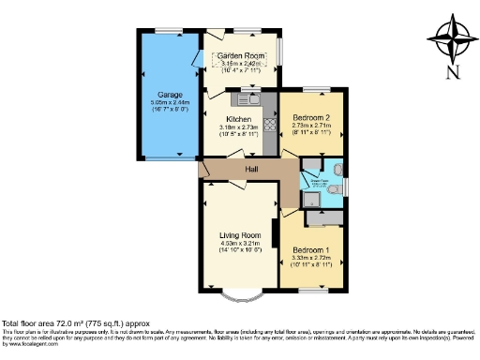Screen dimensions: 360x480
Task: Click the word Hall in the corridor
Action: click(x=251, y=169)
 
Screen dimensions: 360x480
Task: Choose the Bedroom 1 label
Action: click(x=310, y=251)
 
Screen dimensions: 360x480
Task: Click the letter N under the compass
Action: click(x=452, y=72)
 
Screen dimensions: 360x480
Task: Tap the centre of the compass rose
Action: click(x=452, y=37)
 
